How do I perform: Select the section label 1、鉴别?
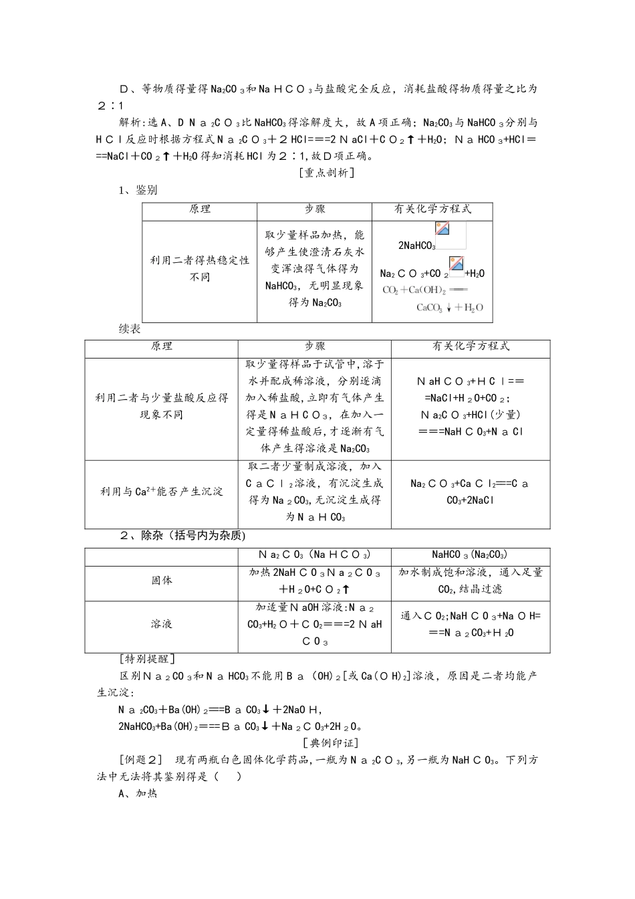pos(138,190)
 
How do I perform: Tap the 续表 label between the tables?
pos(130,329)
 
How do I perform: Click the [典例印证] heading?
pos(330,742)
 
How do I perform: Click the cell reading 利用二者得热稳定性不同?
pos(200,268)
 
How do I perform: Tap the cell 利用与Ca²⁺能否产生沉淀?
pos(161,492)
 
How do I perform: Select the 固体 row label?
pos(162,581)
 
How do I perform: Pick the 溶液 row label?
pos(162,623)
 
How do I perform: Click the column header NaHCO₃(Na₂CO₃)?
pos(470,555)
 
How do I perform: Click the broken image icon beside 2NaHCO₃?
pos(442,228)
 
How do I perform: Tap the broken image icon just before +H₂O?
pos(457,264)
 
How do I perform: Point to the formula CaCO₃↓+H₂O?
pos(449,308)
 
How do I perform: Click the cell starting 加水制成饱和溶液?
pos(471,581)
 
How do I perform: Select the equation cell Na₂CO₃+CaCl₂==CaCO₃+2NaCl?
pos(470,492)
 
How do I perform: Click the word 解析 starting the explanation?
pos(130,122)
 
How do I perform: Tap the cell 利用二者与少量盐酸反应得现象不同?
pos(161,406)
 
